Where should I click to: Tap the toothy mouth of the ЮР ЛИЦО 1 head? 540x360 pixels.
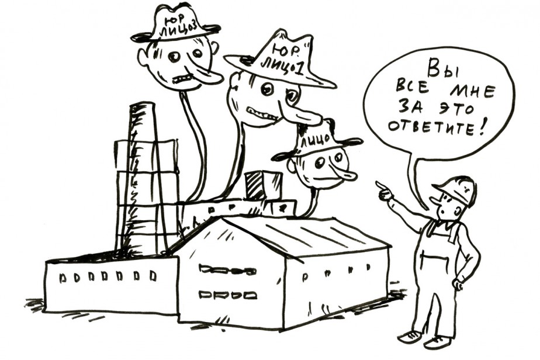(x=261, y=113)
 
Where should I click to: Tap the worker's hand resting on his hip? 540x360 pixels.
(x=459, y=285)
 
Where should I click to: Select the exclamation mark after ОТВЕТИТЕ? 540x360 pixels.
(x=480, y=128)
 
